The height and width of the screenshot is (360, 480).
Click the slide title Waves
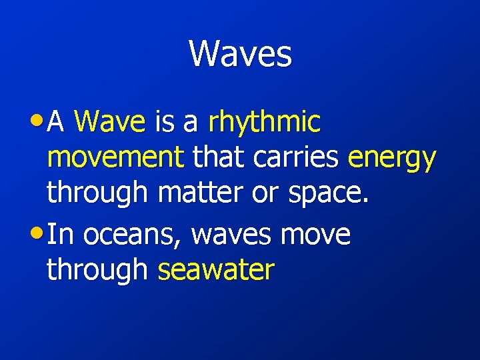click(x=240, y=53)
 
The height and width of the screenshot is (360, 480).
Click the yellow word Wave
click(x=110, y=123)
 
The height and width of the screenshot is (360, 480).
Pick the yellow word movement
click(x=115, y=159)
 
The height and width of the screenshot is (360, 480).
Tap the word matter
click(x=200, y=192)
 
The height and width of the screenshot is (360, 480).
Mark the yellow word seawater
click(x=216, y=270)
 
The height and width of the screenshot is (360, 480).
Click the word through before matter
click(x=97, y=193)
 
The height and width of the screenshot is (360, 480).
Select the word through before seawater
click(x=97, y=271)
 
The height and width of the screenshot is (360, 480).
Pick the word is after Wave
click(x=164, y=123)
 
